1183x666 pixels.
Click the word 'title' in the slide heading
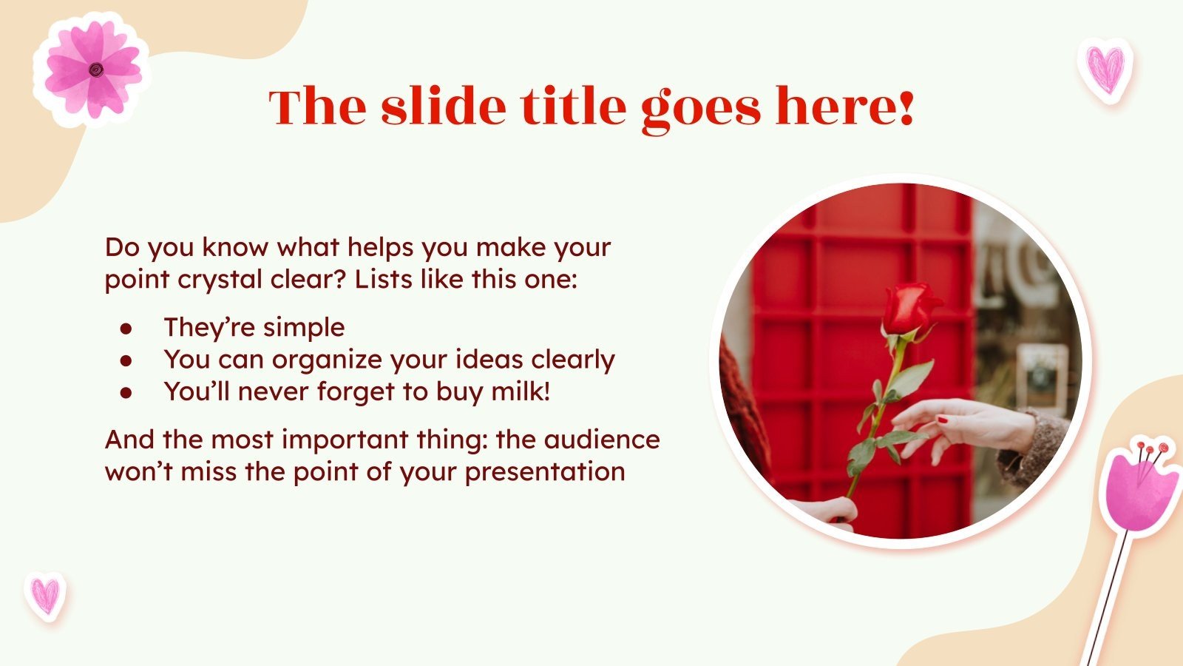tap(572, 107)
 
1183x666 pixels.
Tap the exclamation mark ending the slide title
tap(906, 107)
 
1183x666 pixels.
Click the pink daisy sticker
tap(92, 69)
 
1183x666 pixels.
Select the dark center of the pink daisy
tap(95, 70)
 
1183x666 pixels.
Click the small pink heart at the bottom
tap(45, 595)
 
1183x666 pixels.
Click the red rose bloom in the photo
tap(908, 309)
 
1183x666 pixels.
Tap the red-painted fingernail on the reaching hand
tap(943, 420)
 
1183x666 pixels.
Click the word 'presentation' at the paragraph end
tap(544, 472)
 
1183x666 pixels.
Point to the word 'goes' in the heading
tap(699, 107)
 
